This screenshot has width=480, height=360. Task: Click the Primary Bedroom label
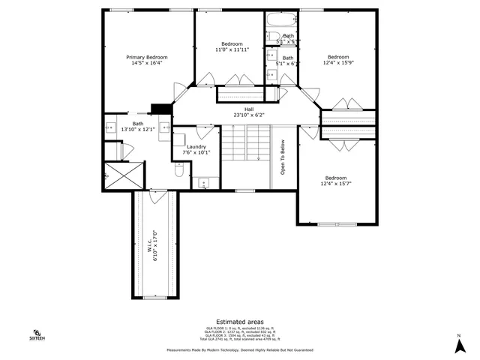pos(146,58)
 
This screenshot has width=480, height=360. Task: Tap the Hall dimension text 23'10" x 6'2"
pos(248,115)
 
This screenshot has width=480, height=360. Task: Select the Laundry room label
pos(196,146)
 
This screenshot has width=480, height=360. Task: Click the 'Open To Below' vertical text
pos(283,157)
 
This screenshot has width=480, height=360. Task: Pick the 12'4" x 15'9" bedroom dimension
pos(337,63)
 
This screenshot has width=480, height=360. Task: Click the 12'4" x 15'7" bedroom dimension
pos(337,184)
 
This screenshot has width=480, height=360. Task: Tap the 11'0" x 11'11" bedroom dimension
pos(232,49)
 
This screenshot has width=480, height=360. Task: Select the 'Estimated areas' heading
pos(240,321)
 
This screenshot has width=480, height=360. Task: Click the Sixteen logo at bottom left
pos(37,334)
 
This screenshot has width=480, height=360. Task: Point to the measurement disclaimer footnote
pos(240,350)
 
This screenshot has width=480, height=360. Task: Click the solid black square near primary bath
pos(157,109)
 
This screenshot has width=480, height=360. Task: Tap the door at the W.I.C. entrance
pos(156,196)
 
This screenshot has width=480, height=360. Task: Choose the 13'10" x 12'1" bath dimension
pos(138,130)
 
